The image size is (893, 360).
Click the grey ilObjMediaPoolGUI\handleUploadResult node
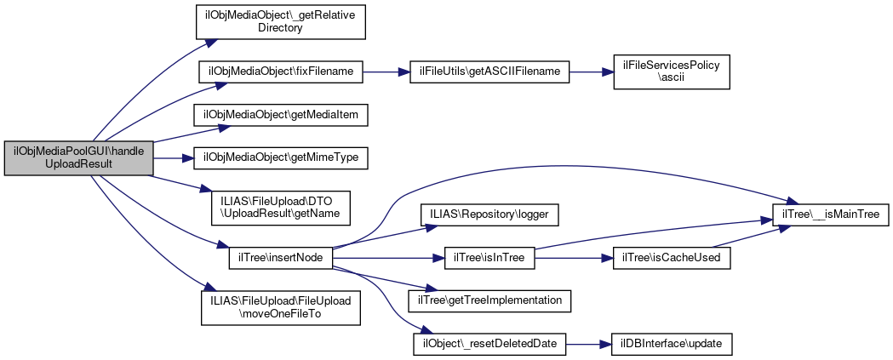[78, 157]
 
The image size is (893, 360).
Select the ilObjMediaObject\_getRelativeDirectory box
[281, 21]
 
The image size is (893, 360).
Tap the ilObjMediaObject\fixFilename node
[281, 71]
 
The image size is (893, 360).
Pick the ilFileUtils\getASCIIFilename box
[489, 71]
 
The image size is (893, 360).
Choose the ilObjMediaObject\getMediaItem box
[281, 114]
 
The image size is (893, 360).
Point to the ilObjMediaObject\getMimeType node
[281, 157]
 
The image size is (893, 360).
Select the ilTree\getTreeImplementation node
[489, 300]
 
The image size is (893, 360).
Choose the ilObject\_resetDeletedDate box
[489, 344]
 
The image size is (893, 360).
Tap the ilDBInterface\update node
[673, 344]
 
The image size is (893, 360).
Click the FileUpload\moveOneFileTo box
[281, 307]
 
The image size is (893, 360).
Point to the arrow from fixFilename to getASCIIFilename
[387, 71]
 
